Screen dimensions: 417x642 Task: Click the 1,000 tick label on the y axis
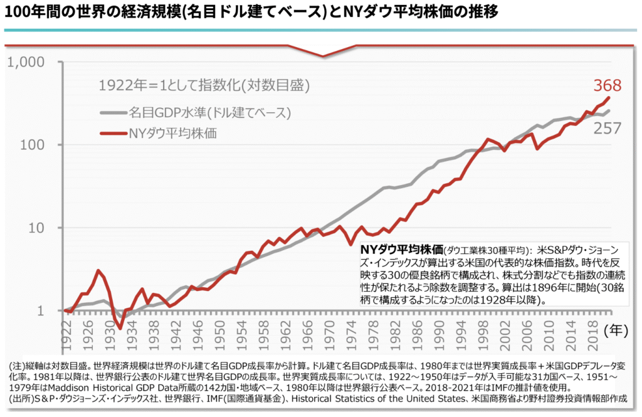click(x=26, y=63)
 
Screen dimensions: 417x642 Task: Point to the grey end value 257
click(x=607, y=129)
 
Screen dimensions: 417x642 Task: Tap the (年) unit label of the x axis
click(x=617, y=329)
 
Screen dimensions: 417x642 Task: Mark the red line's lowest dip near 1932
click(x=120, y=327)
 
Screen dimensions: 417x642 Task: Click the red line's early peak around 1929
click(x=98, y=271)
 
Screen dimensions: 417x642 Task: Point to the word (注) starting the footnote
click(x=17, y=365)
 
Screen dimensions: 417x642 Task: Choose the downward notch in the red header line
click(x=324, y=56)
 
